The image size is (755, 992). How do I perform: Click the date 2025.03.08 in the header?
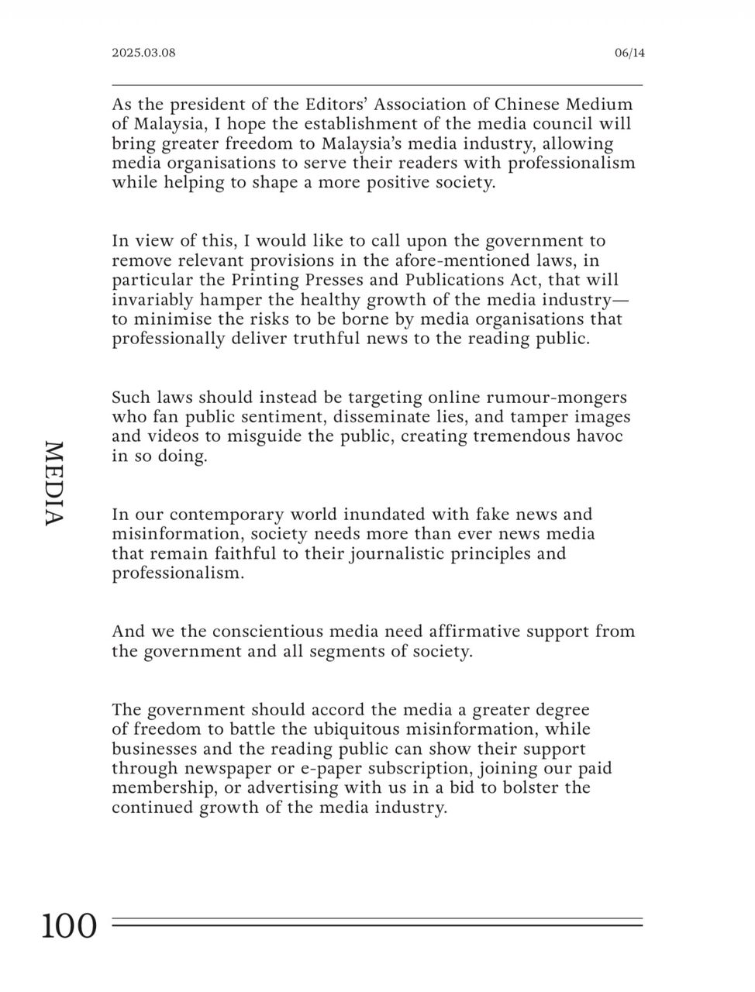pyautogui.click(x=143, y=53)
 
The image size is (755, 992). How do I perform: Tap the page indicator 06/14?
pyautogui.click(x=629, y=53)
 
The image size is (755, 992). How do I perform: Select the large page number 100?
pyautogui.click(x=70, y=925)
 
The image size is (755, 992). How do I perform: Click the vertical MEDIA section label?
pyautogui.click(x=52, y=484)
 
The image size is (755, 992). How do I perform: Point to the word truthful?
pyautogui.click(x=326, y=339)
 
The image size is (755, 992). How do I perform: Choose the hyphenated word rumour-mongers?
pyautogui.click(x=556, y=398)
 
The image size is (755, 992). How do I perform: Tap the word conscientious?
pyautogui.click(x=260, y=631)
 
